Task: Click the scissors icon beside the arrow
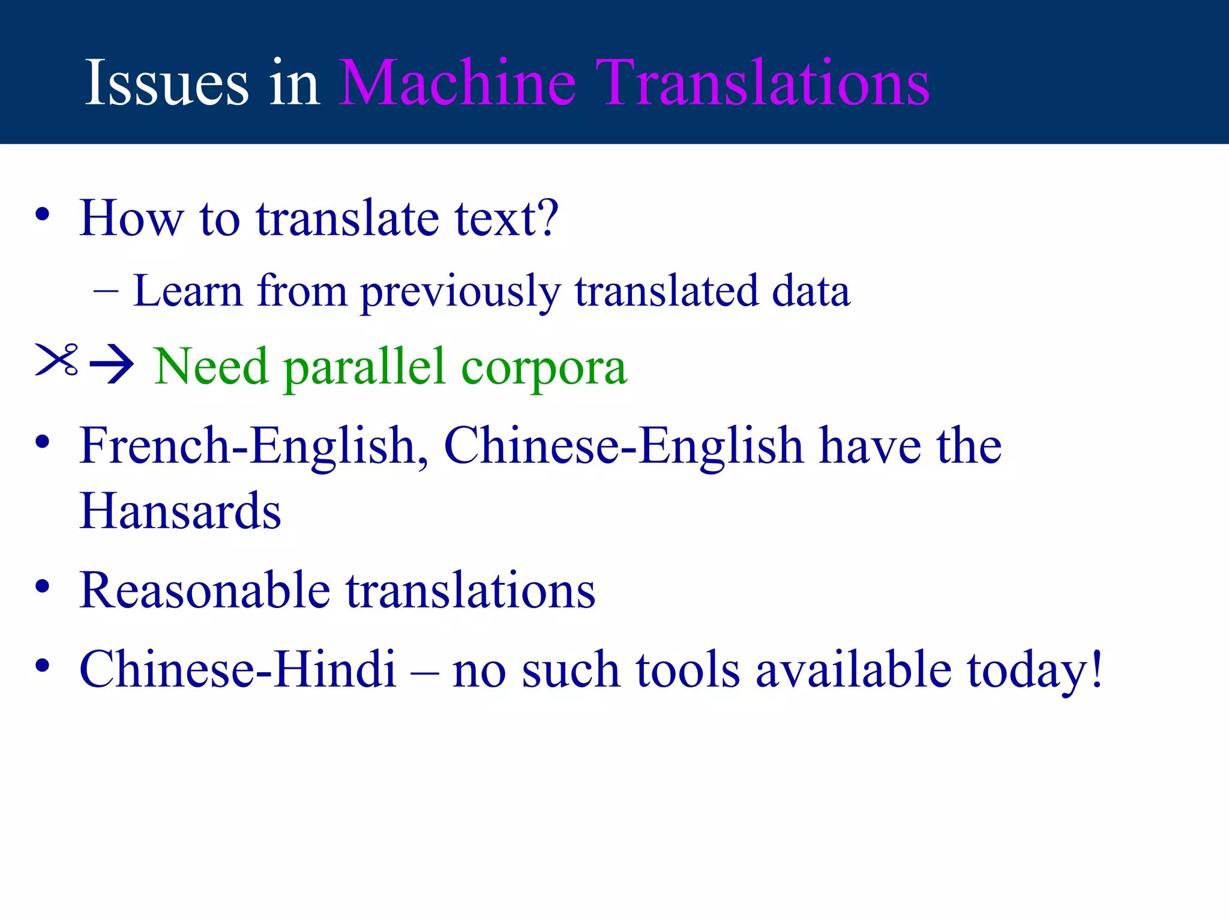(x=57, y=360)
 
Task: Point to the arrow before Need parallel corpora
(x=112, y=364)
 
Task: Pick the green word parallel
(x=365, y=367)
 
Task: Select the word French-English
(x=248, y=446)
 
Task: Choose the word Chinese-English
(x=623, y=446)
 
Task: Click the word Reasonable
(x=205, y=591)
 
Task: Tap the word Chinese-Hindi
(x=238, y=669)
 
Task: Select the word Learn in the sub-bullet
(x=188, y=291)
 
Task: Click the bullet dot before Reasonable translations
(x=42, y=586)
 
